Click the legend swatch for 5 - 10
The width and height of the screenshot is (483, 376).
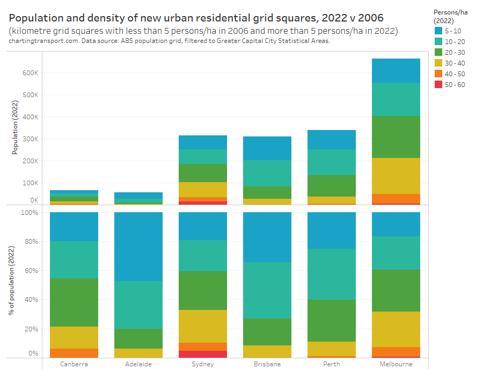pyautogui.click(x=439, y=31)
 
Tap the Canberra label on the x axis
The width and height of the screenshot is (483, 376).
pyautogui.click(x=74, y=364)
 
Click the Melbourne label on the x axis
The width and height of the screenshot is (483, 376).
pyautogui.click(x=396, y=364)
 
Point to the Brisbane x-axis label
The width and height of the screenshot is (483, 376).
pyautogui.click(x=267, y=364)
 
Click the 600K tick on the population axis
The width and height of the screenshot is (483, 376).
pyautogui.click(x=30, y=73)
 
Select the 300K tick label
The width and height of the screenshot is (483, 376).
pyautogui.click(x=30, y=139)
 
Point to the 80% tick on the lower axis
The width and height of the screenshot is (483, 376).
pyautogui.click(x=31, y=242)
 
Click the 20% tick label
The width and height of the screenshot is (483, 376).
pyautogui.click(x=31, y=329)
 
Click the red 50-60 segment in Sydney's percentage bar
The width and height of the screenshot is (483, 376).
pyautogui.click(x=203, y=354)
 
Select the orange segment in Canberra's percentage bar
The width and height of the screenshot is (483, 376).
pyautogui.click(x=74, y=353)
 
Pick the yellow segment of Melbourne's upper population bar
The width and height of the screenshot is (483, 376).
pyautogui.click(x=396, y=176)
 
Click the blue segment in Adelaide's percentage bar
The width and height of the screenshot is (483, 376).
pyautogui.click(x=138, y=247)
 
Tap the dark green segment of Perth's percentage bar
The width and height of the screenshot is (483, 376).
pyautogui.click(x=332, y=320)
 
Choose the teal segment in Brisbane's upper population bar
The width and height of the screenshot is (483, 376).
pyautogui.click(x=267, y=173)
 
